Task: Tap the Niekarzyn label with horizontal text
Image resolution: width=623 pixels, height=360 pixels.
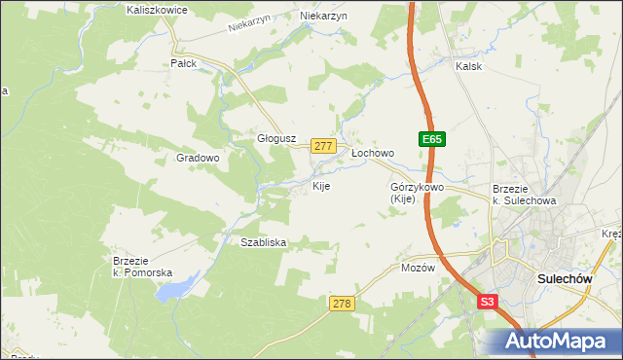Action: click(324, 17)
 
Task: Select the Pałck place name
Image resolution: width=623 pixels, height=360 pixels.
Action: click(183, 63)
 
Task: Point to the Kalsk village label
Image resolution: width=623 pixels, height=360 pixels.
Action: click(469, 66)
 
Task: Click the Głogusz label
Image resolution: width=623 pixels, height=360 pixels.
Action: click(275, 138)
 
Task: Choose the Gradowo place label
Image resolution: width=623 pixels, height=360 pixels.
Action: click(198, 157)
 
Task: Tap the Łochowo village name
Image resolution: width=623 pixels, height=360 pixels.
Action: click(372, 153)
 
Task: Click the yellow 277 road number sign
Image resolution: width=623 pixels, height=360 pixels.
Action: click(324, 146)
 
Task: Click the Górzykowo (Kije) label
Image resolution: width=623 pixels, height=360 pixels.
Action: click(417, 192)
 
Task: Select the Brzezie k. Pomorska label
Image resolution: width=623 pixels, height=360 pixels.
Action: click(142, 266)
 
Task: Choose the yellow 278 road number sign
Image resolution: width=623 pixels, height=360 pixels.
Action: click(341, 304)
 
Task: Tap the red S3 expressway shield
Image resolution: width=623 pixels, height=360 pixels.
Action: click(488, 303)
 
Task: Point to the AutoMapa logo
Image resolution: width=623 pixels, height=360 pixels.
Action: click(556, 342)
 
